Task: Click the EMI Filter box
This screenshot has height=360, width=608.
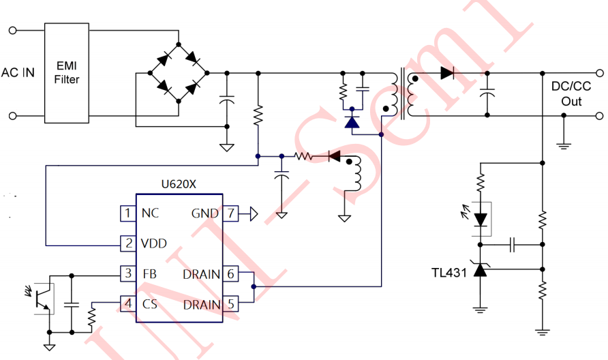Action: point(67,72)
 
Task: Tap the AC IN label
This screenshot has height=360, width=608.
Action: point(18,72)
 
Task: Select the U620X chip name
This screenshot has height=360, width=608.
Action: point(179,184)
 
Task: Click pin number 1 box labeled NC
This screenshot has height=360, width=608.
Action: point(127,213)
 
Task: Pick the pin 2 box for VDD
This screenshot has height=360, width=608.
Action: point(127,243)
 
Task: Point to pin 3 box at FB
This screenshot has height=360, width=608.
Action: point(127,274)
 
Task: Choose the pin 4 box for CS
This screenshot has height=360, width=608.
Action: point(127,303)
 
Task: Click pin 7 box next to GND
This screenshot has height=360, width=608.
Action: point(232,213)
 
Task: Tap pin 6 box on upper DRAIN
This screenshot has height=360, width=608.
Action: point(232,274)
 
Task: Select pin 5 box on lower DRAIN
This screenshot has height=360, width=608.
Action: point(232,303)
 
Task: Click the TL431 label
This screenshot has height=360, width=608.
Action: point(449,272)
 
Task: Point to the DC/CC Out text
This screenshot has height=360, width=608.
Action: point(571,93)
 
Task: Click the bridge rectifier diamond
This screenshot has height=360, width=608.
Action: point(179,72)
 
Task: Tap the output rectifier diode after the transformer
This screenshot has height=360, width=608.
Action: point(447,72)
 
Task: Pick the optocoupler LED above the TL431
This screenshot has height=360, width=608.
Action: point(481,220)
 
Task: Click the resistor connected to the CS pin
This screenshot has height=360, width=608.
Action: point(91,318)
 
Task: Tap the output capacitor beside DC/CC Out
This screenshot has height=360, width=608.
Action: point(487,93)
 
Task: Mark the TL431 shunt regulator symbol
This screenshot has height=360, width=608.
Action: point(481,271)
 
